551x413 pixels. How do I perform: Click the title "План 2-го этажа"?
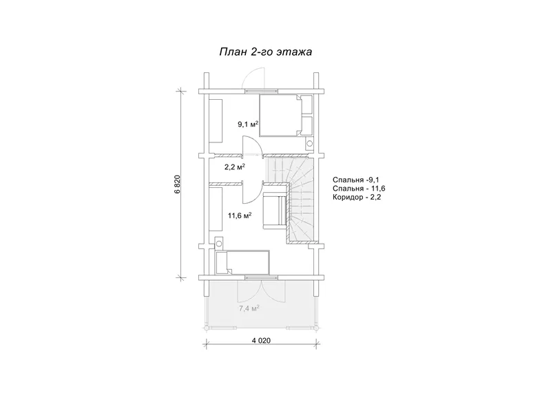tap(266, 52)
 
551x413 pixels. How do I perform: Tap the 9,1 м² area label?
tap(248, 124)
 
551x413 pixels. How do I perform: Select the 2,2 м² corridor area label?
tap(235, 167)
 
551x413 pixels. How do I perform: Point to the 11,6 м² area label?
tap(240, 215)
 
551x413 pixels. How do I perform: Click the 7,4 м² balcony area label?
tap(249, 308)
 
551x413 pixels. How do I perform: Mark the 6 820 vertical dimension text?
tap(178, 184)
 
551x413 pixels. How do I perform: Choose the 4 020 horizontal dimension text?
tap(262, 340)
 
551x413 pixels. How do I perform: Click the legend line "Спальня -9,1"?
tap(356, 180)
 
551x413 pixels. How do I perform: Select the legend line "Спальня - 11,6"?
tap(359, 189)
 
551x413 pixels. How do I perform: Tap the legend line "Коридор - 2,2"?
tap(357, 197)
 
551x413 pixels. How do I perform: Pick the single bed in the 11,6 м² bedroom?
tap(242, 262)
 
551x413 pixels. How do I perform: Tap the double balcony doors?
tap(262, 291)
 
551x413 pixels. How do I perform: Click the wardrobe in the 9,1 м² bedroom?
tap(216, 120)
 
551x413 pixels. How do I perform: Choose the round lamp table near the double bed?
tap(309, 143)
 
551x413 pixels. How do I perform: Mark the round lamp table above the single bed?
tap(219, 243)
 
